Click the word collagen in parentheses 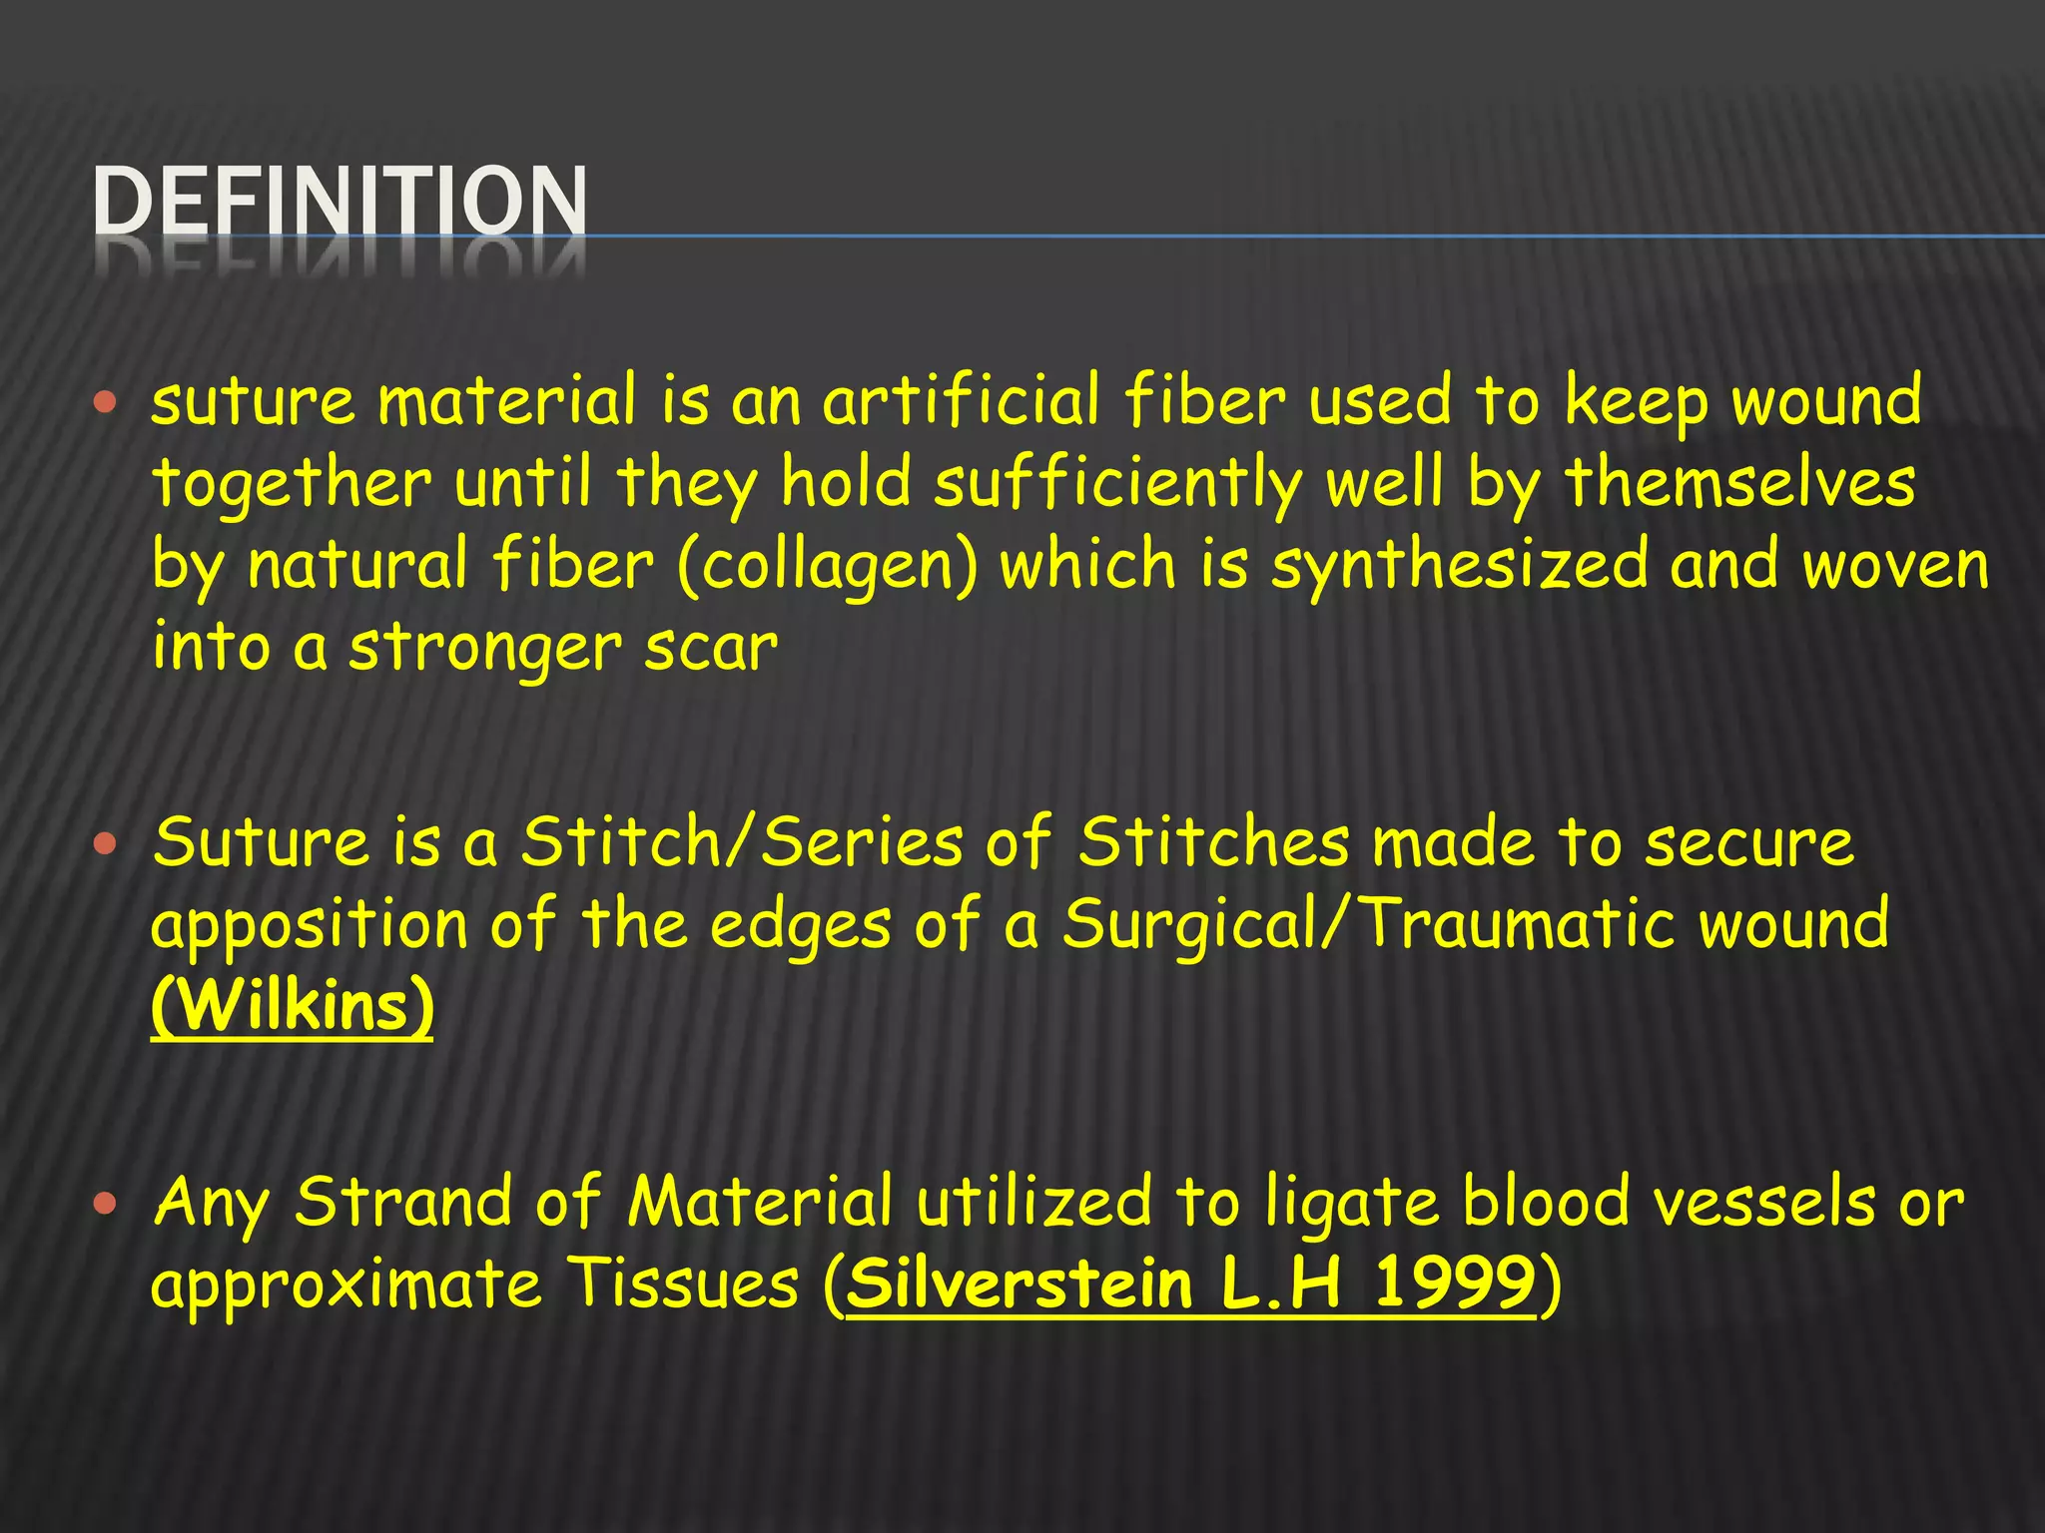pos(828,566)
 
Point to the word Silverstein pos(1020,1283)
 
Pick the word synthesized pos(1458,566)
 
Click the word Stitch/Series pos(742,841)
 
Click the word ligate pos(1352,1203)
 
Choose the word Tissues pos(683,1283)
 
